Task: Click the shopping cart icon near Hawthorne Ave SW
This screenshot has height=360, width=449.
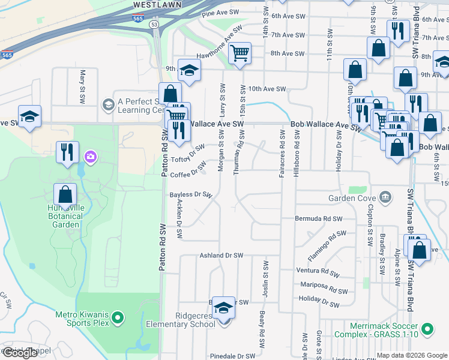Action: [x=240, y=53]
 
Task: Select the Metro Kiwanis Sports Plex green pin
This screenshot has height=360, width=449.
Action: [x=118, y=317]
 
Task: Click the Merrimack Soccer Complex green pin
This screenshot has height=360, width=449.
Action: [x=427, y=329]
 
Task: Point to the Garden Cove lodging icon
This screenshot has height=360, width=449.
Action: [x=384, y=197]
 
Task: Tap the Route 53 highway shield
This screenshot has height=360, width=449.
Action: [x=154, y=25]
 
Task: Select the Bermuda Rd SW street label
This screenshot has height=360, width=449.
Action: [x=318, y=218]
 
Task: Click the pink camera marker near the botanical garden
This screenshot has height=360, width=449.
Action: [x=91, y=157]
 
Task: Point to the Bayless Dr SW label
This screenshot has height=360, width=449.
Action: [x=191, y=194]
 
